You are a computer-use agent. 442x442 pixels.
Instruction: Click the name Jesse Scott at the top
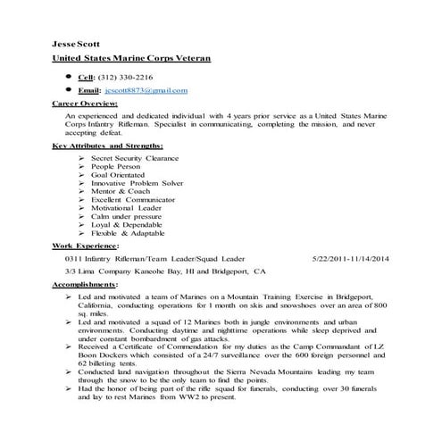tap(77, 43)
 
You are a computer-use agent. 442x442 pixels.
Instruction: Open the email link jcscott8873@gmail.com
tap(146, 90)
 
